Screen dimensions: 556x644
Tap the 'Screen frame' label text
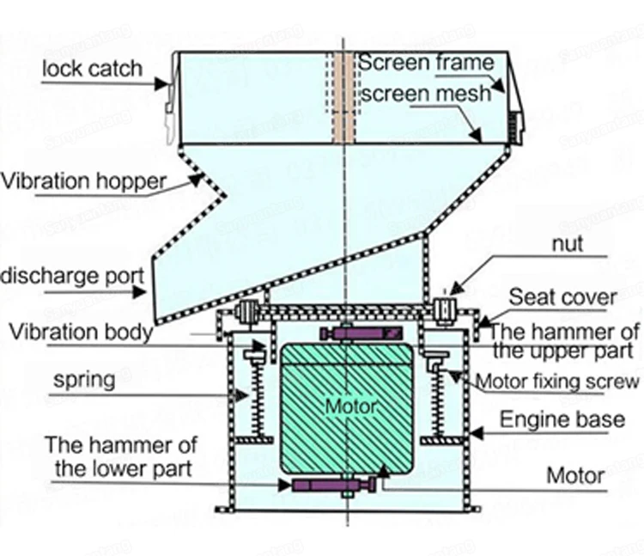coord(426,63)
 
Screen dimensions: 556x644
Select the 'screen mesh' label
coord(426,93)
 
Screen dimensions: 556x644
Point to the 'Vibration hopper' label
coord(83,181)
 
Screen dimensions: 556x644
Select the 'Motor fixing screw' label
coord(557,382)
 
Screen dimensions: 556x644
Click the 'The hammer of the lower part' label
coord(120,457)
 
